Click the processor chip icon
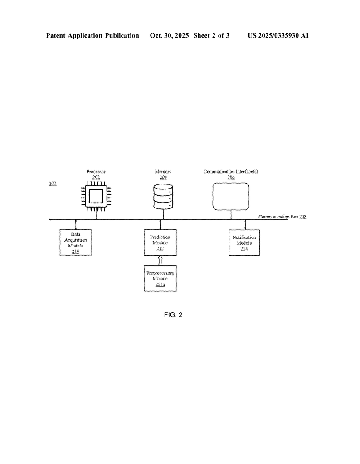[x=96, y=196]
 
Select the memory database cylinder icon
[x=163, y=196]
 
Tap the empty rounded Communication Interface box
[x=231, y=196]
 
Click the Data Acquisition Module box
[x=75, y=242]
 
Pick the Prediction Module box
[x=160, y=242]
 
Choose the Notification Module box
[x=244, y=242]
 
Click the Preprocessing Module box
[x=160, y=278]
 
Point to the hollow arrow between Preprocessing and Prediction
[x=160, y=260]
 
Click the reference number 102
[x=53, y=184]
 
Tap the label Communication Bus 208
[x=282, y=217]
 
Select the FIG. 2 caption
[x=173, y=315]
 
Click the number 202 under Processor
[x=96, y=177]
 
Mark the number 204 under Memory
[x=163, y=177]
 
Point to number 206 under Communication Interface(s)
[x=231, y=177]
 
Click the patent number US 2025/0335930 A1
[x=278, y=35]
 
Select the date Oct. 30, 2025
[x=169, y=35]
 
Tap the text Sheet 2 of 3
[x=211, y=35]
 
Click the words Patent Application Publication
[x=92, y=35]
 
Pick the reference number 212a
[x=160, y=285]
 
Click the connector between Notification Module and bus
[x=245, y=225]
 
